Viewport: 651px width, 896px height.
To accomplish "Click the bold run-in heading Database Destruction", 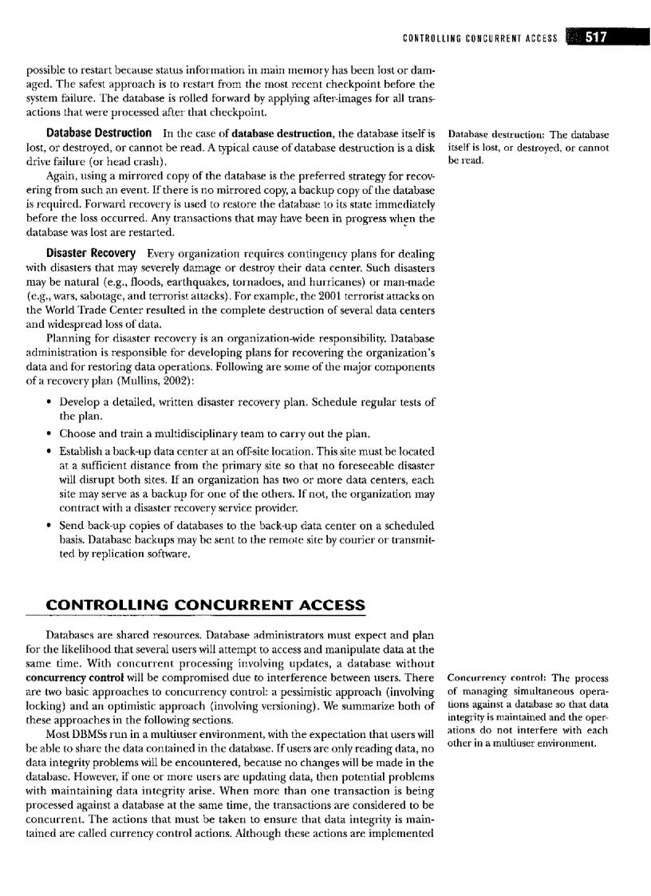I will click(x=99, y=132).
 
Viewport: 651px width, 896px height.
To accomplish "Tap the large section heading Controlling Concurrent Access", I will click(x=206, y=605).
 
